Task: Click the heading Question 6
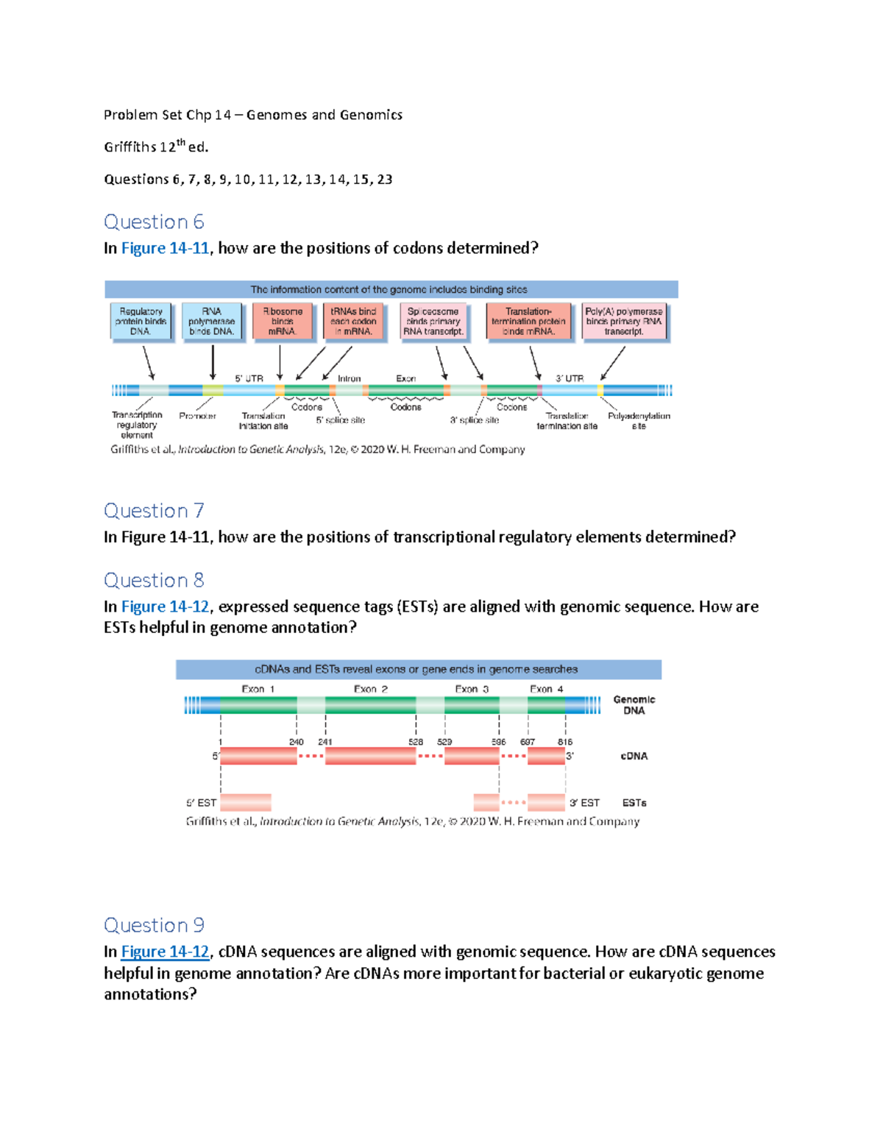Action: point(154,222)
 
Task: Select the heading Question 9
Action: point(154,925)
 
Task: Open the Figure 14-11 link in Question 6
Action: point(165,248)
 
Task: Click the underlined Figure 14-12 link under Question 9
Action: point(165,952)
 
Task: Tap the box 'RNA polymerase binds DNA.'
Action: point(211,322)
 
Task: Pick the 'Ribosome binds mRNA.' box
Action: point(282,322)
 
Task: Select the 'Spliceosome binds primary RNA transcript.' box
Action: point(433,322)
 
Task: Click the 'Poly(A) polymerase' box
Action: point(624,322)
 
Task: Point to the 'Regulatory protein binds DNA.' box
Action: point(141,322)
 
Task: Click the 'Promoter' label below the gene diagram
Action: point(197,416)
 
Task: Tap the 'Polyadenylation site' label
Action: point(639,420)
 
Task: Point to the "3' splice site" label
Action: point(475,420)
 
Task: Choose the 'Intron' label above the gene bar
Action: point(349,378)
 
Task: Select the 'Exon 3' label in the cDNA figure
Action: point(471,689)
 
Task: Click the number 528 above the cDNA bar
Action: point(416,742)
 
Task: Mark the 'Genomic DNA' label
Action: point(634,705)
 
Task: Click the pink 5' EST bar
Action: point(246,802)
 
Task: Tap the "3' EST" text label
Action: point(584,803)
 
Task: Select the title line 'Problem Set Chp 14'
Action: point(252,115)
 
